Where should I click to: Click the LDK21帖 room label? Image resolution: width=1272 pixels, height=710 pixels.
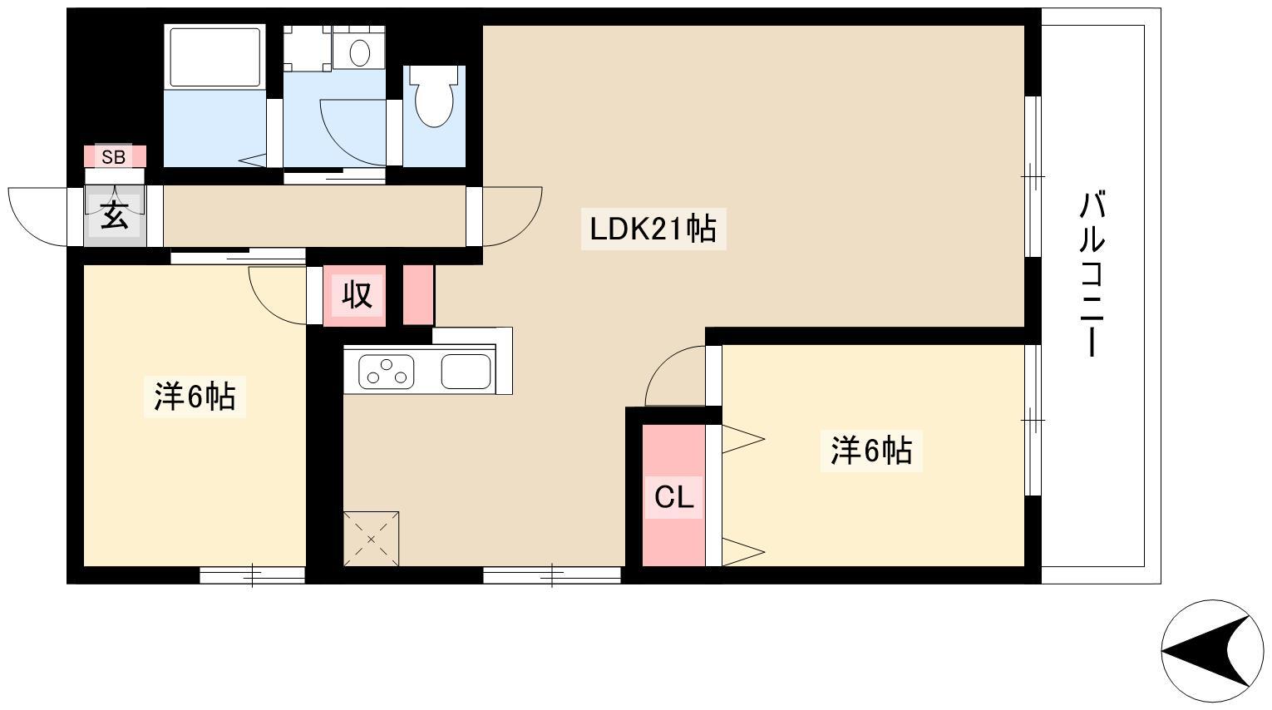[x=653, y=229]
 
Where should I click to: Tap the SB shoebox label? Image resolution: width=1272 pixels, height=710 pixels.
[x=114, y=157]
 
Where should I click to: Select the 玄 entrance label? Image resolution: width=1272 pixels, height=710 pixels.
[x=115, y=215]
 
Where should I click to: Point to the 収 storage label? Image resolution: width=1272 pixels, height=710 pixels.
[x=357, y=295]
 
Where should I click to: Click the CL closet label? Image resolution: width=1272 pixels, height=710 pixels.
[x=673, y=497]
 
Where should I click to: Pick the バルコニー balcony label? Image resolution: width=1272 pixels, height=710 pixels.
[x=1092, y=275]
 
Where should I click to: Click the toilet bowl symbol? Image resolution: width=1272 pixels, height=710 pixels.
[x=435, y=96]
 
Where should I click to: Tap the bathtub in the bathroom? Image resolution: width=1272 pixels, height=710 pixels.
[x=215, y=56]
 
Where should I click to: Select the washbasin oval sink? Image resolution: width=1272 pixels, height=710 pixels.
[x=359, y=52]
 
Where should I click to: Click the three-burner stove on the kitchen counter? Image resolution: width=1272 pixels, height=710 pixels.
[x=386, y=372]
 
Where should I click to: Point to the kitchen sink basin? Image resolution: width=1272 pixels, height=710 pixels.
[x=466, y=372]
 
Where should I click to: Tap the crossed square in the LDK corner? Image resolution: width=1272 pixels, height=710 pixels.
[x=372, y=539]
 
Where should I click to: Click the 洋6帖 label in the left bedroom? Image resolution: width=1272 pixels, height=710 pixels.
[x=195, y=397]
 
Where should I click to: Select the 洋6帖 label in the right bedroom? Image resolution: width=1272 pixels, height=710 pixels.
[x=871, y=451]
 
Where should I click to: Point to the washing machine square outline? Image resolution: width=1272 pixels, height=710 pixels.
[x=308, y=47]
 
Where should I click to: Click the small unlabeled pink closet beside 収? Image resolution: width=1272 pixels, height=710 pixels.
[x=418, y=295]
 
